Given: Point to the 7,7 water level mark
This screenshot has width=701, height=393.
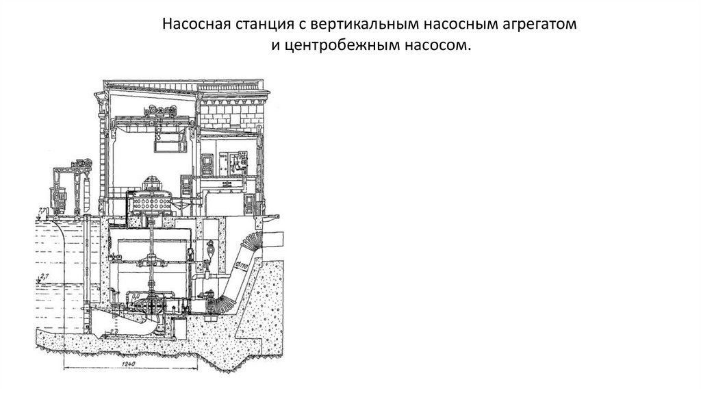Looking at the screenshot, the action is click(x=42, y=210).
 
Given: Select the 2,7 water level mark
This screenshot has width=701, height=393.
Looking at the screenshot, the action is click(x=44, y=276).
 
